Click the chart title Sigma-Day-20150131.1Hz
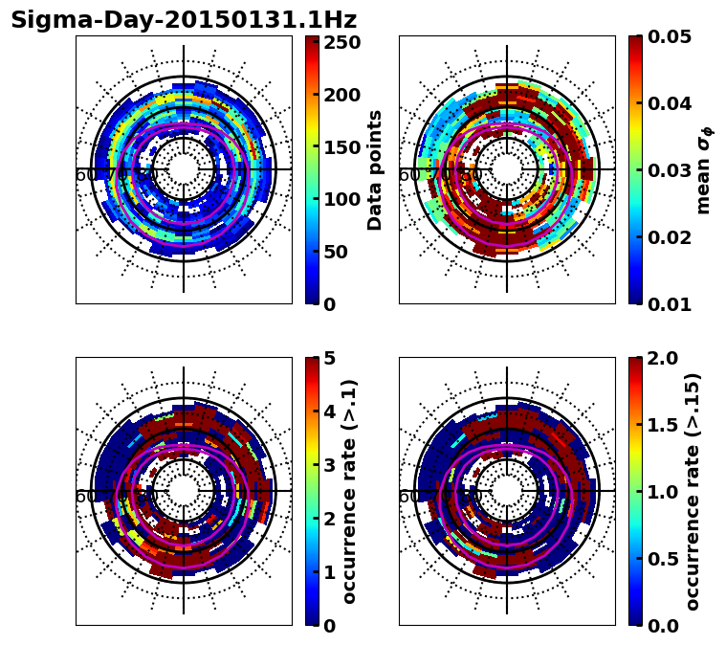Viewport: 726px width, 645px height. coord(184,20)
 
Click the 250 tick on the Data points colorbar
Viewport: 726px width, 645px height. coord(342,43)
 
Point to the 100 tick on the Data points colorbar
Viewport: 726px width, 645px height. coord(342,199)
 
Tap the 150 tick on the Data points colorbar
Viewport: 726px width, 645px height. coord(342,147)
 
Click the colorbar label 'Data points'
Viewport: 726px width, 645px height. coord(375,169)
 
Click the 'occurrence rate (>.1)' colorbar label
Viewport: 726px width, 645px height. coord(350,491)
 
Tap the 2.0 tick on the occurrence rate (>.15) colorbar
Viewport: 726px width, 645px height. coord(659,358)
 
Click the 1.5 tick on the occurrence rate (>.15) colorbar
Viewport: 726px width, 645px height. coord(659,425)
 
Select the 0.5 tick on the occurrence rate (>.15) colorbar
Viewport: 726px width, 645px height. coord(659,559)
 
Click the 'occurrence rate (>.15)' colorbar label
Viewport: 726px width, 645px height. coord(693,491)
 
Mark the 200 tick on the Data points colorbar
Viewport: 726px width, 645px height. coord(342,95)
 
